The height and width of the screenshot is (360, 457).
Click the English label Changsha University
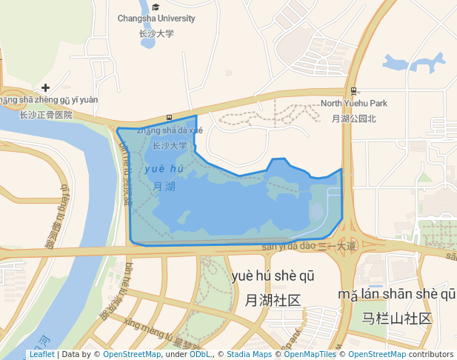pos(156,19)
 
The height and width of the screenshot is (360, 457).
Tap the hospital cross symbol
pos(46,87)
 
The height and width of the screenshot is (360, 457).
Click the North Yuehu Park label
pos(354,104)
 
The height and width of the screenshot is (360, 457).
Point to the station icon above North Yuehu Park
pos(353,91)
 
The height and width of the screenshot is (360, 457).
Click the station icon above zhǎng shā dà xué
pos(170,118)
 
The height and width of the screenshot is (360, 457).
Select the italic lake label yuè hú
pos(164,170)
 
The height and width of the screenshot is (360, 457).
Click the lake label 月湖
pos(164,187)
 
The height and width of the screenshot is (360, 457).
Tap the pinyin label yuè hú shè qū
pos(273,276)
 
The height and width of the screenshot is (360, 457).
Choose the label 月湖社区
pos(273,300)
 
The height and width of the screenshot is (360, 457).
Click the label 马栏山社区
pos(397,319)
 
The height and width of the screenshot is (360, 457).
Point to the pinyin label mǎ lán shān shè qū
pos(397,295)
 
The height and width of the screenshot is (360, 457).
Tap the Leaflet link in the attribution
pos(41,355)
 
